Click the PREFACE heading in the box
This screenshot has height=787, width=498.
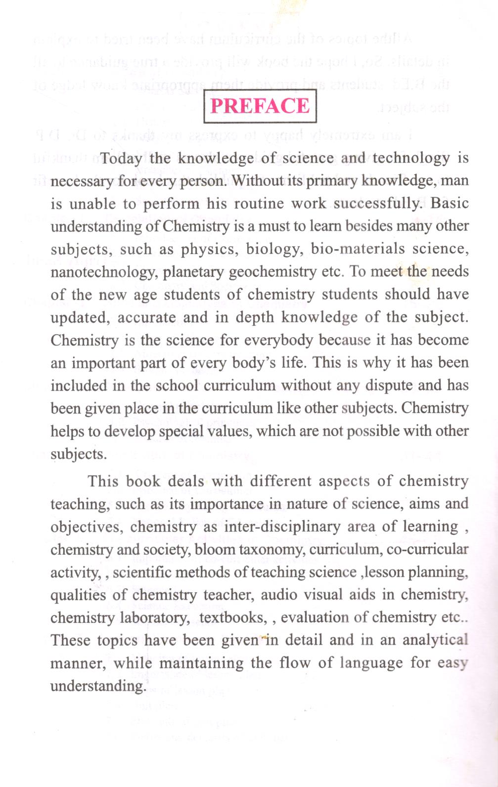pos(260,106)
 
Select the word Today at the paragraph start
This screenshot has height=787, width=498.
pos(122,159)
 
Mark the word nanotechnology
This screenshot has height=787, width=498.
pos(103,272)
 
